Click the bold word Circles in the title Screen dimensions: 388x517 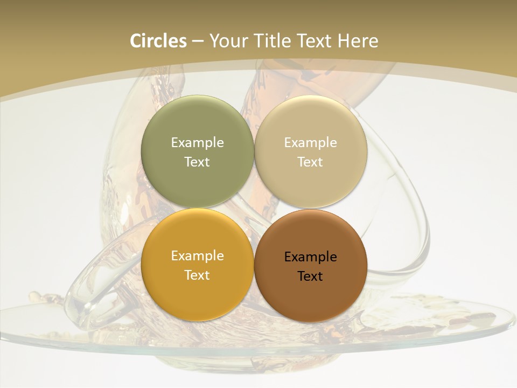(158, 41)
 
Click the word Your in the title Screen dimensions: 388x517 (228, 41)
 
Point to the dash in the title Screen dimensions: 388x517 (197, 41)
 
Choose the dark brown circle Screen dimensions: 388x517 (310, 296)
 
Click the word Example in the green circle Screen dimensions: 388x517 (197, 142)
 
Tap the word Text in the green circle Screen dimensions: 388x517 (197, 162)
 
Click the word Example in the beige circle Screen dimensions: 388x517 (310, 142)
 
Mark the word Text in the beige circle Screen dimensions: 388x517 (310, 162)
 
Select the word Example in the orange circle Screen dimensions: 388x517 (197, 255)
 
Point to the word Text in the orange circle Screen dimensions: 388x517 (197, 275)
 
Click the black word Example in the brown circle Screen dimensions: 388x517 (310, 257)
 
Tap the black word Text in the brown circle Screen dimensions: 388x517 (310, 276)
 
